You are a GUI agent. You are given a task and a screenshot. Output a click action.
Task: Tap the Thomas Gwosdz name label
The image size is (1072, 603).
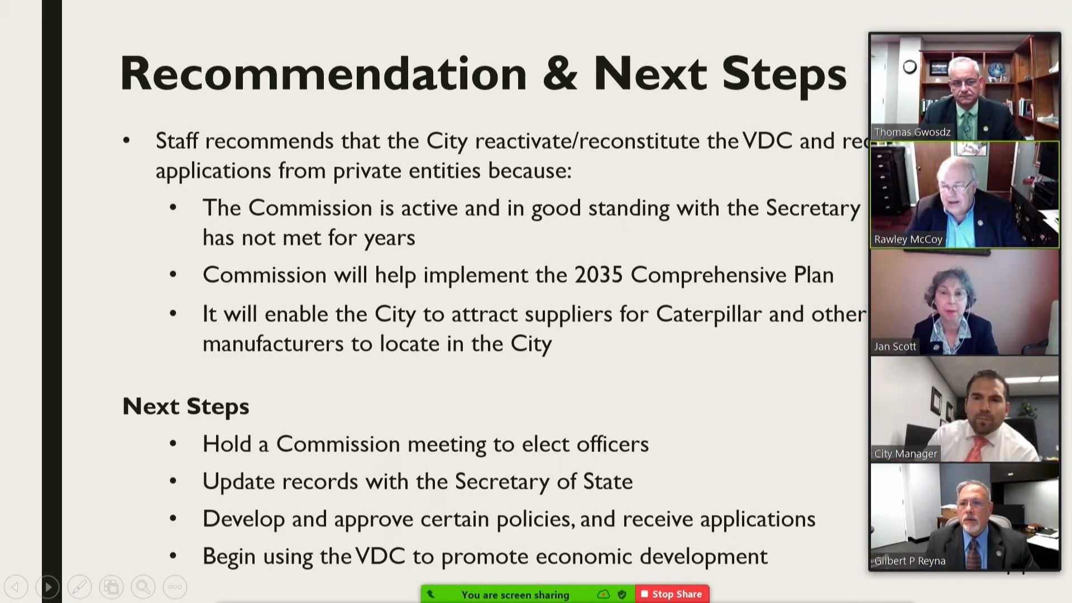click(912, 132)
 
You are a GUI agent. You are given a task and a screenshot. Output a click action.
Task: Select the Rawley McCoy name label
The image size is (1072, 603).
click(908, 240)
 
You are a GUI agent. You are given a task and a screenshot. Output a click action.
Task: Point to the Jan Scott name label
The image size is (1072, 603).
click(895, 347)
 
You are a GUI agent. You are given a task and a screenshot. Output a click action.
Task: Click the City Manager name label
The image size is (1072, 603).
click(905, 454)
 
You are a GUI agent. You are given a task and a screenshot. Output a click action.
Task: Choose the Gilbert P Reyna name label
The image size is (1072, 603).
click(910, 561)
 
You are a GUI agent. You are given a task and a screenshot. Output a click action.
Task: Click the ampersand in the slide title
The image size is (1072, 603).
click(559, 74)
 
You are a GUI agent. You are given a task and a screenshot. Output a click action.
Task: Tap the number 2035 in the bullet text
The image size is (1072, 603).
click(598, 275)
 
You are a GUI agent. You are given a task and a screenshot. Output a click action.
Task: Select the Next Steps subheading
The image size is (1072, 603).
click(185, 406)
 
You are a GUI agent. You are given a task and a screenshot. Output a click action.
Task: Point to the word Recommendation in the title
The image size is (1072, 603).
click(323, 74)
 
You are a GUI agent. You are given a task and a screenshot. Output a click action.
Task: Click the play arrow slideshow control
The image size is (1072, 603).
click(47, 587)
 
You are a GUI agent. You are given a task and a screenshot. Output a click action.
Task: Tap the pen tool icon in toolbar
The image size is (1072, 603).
click(79, 587)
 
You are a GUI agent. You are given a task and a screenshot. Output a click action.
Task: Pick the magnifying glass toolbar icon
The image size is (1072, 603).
click(143, 587)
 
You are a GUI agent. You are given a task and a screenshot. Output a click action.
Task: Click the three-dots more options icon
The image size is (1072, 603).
click(175, 587)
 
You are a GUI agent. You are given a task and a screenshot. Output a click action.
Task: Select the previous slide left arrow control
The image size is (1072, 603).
click(16, 587)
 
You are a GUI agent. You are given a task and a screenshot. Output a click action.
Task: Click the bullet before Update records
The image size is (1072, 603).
click(173, 481)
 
